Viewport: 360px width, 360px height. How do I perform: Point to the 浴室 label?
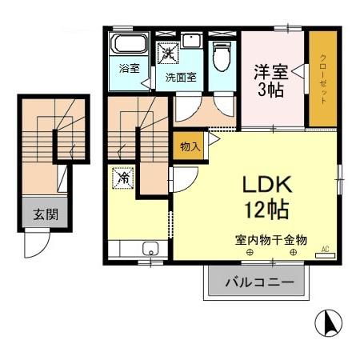[129, 68]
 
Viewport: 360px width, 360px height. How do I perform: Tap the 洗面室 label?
[181, 78]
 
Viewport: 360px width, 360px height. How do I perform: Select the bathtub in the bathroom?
[128, 44]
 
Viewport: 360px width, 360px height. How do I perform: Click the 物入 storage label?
[190, 146]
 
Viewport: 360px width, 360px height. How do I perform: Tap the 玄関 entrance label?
[45, 214]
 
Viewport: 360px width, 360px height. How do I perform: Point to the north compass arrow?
[326, 322]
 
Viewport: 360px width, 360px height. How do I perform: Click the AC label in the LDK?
[326, 249]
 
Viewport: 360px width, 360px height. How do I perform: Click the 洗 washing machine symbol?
[170, 54]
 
